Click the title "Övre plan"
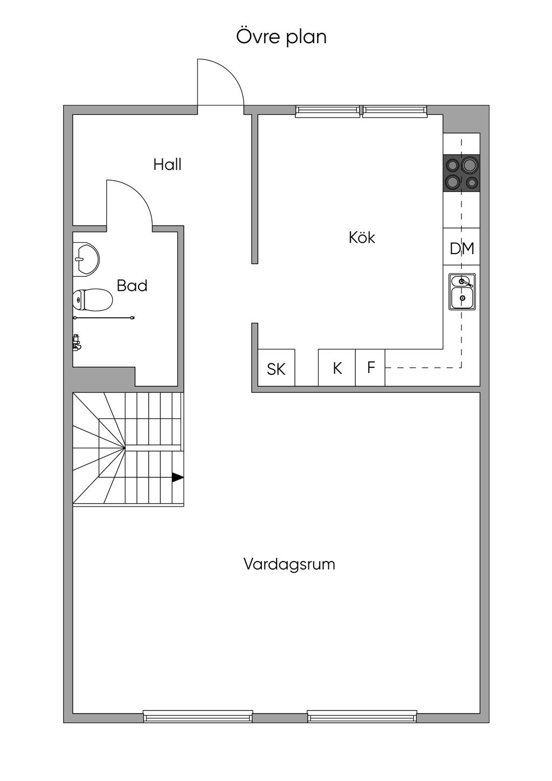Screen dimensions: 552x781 point(281,37)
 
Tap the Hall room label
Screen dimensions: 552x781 point(167,164)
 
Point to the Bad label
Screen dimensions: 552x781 point(132,285)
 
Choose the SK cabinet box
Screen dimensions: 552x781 point(277,367)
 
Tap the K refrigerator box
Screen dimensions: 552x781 point(337,367)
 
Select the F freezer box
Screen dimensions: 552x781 point(370,367)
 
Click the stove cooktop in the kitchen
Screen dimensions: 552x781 point(461,173)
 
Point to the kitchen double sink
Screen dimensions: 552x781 point(462,291)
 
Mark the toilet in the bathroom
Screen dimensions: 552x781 point(92,299)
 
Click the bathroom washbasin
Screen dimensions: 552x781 point(86,259)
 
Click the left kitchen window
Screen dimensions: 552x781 point(328,110)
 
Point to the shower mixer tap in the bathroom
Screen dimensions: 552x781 point(77,342)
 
